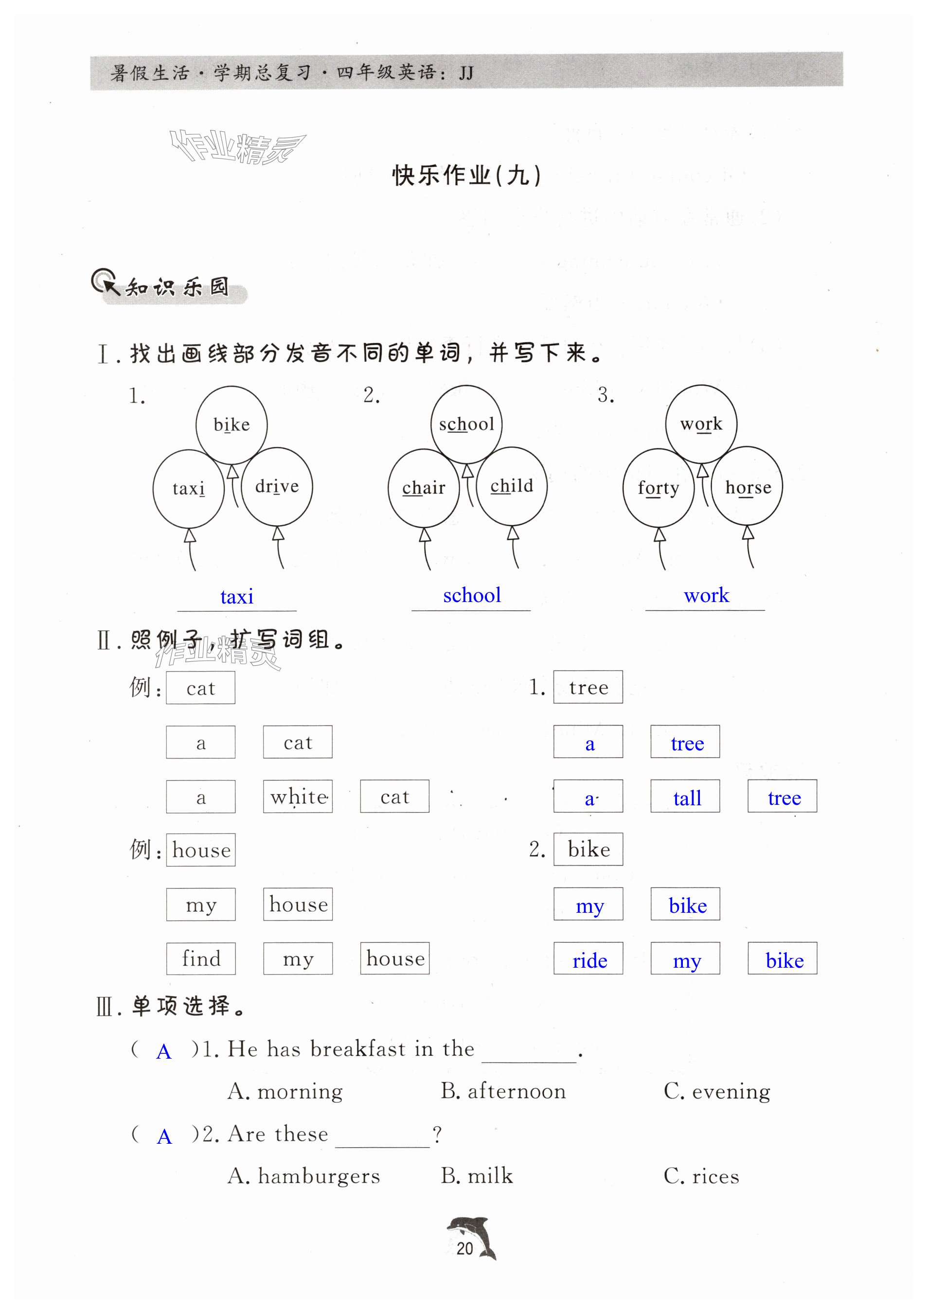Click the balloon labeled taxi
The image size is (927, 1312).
coord(189,489)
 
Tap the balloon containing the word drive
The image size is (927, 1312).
coord(277,486)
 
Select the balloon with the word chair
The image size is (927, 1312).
coord(424,488)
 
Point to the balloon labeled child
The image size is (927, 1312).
coord(512,486)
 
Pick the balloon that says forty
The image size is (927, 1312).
coord(659,488)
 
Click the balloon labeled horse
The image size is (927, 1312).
coord(748,487)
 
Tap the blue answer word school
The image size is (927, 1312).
coord(471,595)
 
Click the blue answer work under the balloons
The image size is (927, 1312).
coord(706,595)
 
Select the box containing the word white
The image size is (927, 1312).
coord(298,797)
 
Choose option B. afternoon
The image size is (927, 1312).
coord(503,1091)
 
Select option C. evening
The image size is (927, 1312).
coord(717,1091)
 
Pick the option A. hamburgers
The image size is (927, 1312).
coord(303,1176)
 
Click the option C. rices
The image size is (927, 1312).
coord(701,1176)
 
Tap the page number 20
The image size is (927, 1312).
coord(464,1249)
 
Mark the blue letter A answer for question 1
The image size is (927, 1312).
coord(164,1051)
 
